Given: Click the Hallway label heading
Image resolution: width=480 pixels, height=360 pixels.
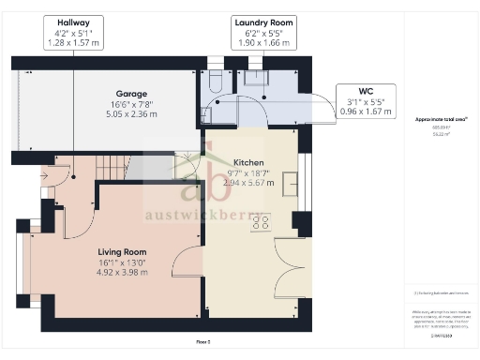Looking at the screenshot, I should (x=74, y=22).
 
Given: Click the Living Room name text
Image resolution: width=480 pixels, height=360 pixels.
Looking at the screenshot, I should (x=123, y=251).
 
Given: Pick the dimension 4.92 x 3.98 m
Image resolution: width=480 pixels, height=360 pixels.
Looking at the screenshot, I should (x=123, y=274).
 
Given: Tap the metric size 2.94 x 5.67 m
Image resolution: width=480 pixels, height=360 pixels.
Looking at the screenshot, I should (x=248, y=184).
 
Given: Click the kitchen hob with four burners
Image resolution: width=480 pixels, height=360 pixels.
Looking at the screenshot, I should (x=264, y=223).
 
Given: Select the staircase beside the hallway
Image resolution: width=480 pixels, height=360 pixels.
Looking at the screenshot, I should (x=111, y=170).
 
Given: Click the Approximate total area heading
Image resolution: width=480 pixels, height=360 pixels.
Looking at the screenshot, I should (x=441, y=119).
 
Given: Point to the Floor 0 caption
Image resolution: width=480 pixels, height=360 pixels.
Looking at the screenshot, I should (x=202, y=342).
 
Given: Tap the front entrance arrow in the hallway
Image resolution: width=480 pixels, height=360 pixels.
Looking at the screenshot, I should (x=44, y=174).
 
